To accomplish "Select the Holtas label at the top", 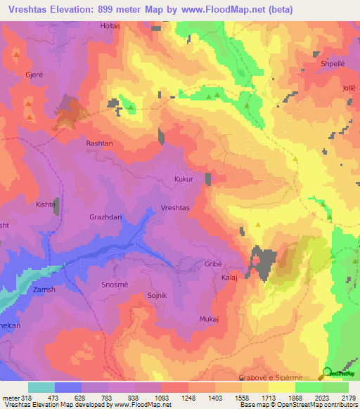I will point(110,26).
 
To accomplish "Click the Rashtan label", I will point(99,143).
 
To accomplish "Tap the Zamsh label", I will point(44,290).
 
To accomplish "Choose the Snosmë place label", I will point(116,284).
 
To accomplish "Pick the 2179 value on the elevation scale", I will point(347,397).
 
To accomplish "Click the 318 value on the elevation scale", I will point(24,397).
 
